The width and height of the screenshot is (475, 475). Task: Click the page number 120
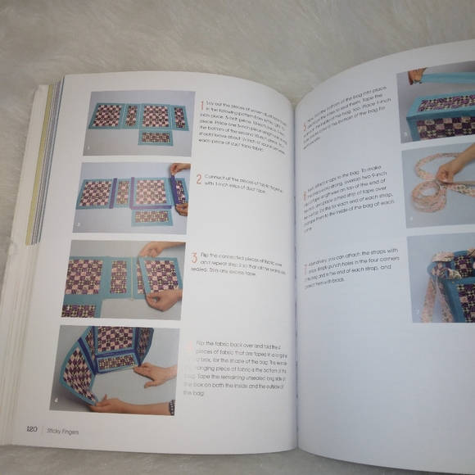pyautogui.click(x=31, y=428)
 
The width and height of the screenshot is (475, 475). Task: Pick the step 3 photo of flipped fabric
pyautogui.click(x=124, y=278)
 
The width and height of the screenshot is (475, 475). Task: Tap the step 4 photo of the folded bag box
pyautogui.click(x=118, y=369)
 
